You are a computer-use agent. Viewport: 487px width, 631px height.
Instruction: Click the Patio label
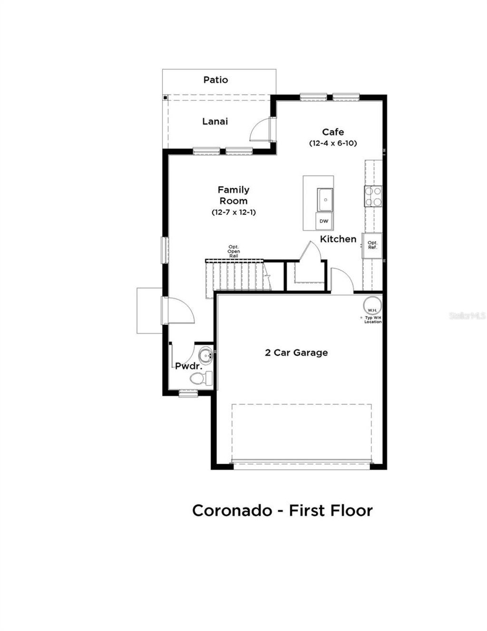(215, 80)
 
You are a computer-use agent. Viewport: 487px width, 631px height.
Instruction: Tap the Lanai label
(215, 121)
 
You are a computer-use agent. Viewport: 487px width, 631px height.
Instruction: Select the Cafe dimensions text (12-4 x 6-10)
(333, 143)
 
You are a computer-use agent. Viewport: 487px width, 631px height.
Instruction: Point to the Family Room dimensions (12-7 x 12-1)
(234, 212)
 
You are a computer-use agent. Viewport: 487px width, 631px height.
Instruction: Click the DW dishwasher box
(324, 221)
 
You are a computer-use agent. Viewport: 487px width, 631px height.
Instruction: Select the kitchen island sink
(325, 199)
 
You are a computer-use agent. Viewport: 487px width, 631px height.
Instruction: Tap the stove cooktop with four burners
(373, 196)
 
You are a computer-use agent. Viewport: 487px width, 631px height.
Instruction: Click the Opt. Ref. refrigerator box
(372, 245)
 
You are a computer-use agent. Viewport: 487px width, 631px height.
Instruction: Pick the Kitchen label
(338, 239)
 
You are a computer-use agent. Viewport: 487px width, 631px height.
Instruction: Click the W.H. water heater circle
(372, 305)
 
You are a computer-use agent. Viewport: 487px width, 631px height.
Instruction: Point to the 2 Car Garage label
(296, 353)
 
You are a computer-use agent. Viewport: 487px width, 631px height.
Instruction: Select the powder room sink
(205, 355)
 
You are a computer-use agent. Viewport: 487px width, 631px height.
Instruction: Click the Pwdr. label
(188, 367)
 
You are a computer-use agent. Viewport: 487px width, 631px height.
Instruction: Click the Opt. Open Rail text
(234, 251)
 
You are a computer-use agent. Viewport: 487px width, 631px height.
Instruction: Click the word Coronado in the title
(231, 511)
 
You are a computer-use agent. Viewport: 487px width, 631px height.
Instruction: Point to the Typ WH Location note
(373, 320)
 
